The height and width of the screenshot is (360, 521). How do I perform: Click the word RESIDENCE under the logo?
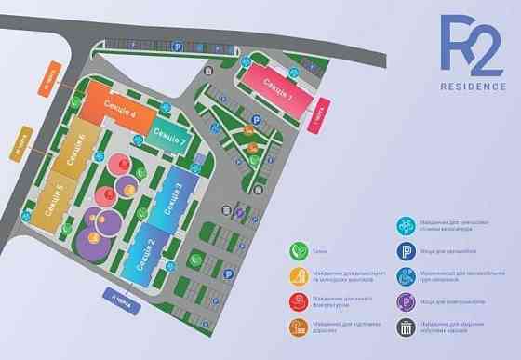click(474, 87)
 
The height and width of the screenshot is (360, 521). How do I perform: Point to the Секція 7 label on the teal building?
click(172, 140)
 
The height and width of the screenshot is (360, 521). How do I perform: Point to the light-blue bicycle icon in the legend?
click(407, 226)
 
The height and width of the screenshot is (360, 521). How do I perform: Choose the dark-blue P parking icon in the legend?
click(407, 251)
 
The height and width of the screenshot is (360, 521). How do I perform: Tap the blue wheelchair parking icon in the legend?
click(407, 276)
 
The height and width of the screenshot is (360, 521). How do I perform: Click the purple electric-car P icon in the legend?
click(407, 301)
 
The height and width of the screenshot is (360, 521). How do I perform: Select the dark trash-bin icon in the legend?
click(407, 327)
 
